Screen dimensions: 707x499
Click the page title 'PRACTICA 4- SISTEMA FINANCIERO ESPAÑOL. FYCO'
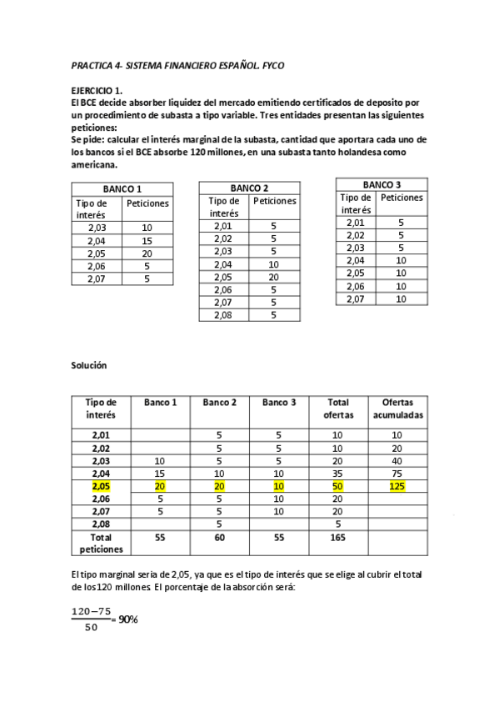click(x=182, y=65)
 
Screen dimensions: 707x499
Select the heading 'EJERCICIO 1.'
click(x=97, y=89)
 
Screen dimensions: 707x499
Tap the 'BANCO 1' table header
click(x=122, y=189)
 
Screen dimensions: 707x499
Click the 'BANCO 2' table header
click(x=249, y=187)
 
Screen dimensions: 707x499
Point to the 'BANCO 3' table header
click(x=382, y=184)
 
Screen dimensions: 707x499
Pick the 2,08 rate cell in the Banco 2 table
click(x=222, y=315)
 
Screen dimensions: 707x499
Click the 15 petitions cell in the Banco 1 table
click(x=147, y=241)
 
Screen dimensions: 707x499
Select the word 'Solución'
click(x=89, y=366)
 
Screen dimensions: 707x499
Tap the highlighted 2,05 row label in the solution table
click(x=101, y=486)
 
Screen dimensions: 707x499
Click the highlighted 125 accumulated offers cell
click(x=397, y=486)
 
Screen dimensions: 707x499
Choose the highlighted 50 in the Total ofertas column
click(x=337, y=486)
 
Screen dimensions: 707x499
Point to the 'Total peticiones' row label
click(x=101, y=544)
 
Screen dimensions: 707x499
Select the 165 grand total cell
click(x=337, y=538)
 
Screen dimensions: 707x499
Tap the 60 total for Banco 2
click(x=220, y=538)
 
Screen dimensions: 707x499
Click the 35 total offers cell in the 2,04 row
click(x=337, y=473)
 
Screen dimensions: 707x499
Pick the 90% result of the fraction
click(x=127, y=619)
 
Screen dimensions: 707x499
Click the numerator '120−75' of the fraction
click(x=92, y=611)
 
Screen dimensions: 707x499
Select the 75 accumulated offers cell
click(x=397, y=473)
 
